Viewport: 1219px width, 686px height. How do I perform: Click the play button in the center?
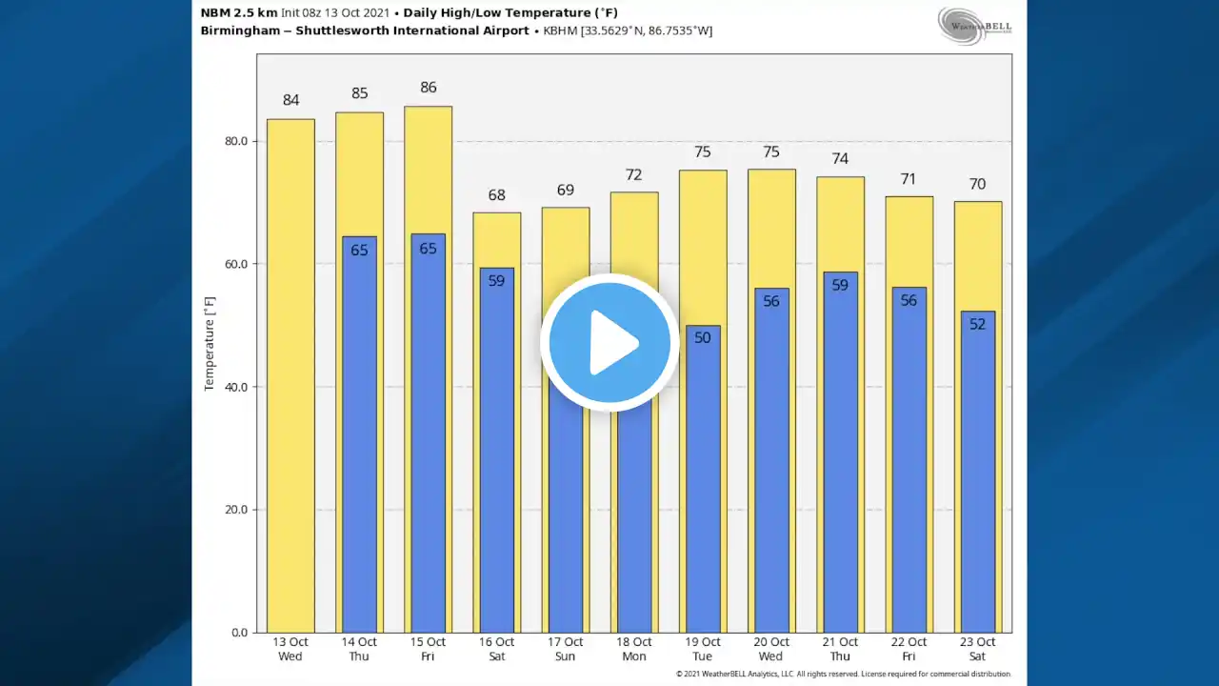tap(609, 342)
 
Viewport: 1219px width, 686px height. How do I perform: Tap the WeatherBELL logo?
tap(973, 25)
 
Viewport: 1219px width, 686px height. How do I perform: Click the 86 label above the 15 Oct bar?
tap(429, 88)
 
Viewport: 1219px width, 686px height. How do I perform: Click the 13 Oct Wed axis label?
tap(290, 649)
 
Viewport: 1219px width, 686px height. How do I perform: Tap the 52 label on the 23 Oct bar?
tap(977, 324)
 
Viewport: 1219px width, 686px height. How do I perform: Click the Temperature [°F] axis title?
tap(210, 343)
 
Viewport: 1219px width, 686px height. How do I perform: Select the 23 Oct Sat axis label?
tap(977, 649)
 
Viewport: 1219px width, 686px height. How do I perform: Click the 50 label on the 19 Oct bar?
tap(703, 338)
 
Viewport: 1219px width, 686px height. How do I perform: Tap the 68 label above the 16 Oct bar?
tap(497, 195)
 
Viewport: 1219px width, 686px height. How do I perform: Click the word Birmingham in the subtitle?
tap(243, 30)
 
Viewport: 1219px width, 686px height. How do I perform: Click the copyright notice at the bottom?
tap(843, 675)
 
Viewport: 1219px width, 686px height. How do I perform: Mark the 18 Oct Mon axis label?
tap(634, 649)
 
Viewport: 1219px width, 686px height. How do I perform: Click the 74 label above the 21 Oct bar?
tap(840, 159)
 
